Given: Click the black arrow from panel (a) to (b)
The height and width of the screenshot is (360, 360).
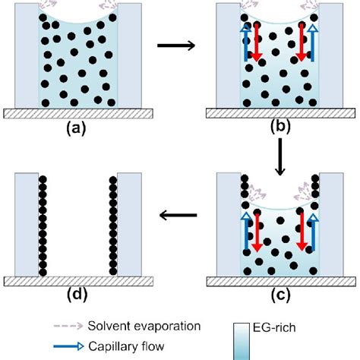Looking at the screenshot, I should [176, 47].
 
